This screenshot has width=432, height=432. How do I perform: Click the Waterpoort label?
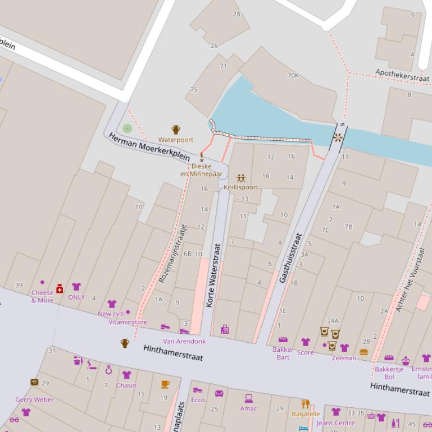coord(176,140)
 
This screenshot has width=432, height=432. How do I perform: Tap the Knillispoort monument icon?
coord(241,178)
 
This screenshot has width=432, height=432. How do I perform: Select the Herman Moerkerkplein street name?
coord(148,148)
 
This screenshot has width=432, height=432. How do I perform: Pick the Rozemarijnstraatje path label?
coord(172,252)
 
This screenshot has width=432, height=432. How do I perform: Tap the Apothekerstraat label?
coord(402,75)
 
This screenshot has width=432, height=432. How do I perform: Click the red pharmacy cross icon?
coord(60,288)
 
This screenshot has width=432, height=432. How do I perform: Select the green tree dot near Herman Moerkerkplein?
coord(128,128)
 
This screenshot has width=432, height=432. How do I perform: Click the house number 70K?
coord(293,75)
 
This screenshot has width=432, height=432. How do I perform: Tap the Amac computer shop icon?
coord(248,398)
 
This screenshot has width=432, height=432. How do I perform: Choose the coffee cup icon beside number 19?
coord(165,384)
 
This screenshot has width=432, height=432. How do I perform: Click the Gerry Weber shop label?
coord(35,400)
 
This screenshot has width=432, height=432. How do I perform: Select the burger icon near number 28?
coord(363,352)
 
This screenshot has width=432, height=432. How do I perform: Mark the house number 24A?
coord(333,321)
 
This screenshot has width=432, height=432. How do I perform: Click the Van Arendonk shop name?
coord(184,341)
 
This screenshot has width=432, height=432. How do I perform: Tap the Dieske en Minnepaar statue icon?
coord(202,155)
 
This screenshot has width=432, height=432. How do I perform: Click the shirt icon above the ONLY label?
coord(76,287)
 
